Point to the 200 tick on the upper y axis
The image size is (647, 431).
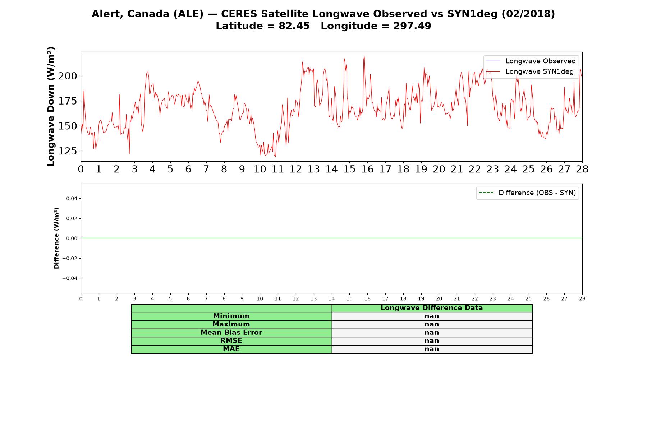(68, 76)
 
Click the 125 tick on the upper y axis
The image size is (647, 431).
(68, 151)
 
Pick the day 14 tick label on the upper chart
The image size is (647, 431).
(331, 169)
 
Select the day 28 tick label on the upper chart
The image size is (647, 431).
(582, 169)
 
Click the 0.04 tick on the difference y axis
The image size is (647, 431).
(72, 199)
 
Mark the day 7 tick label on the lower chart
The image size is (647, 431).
(206, 298)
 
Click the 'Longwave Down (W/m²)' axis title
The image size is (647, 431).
(51, 106)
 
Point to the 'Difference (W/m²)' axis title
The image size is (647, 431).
(56, 238)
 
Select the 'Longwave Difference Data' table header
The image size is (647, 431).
(432, 308)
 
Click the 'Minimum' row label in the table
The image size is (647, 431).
(231, 316)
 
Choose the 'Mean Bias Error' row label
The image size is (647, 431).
(231, 333)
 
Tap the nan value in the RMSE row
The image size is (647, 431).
(432, 341)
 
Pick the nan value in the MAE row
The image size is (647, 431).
(432, 349)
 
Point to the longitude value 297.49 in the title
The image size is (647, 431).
(412, 26)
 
